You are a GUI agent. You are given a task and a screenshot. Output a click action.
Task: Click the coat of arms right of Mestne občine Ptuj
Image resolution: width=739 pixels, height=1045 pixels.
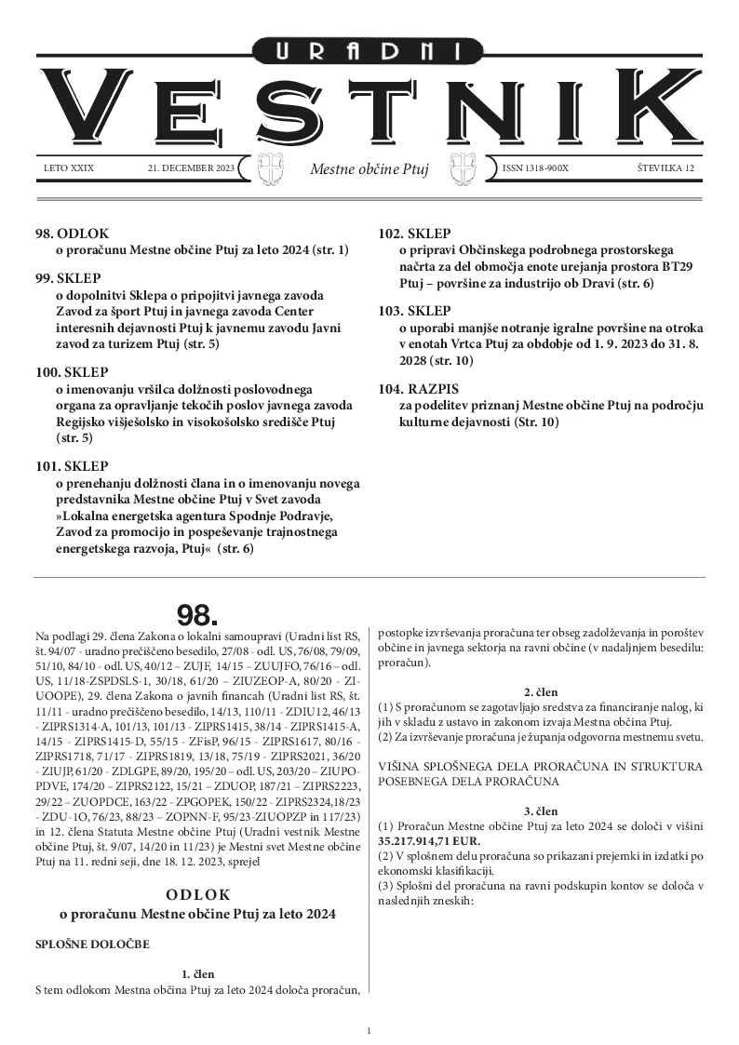point(463,168)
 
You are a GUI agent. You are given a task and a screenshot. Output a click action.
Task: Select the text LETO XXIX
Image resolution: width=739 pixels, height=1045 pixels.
point(69,168)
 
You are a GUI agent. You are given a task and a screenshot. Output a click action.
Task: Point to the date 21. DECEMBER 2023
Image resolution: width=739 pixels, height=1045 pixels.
point(191,168)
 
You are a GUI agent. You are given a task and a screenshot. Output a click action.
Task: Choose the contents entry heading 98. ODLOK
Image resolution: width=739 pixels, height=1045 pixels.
point(72,234)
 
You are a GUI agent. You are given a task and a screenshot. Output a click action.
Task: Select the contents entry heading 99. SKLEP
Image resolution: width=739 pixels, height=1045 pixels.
point(69,278)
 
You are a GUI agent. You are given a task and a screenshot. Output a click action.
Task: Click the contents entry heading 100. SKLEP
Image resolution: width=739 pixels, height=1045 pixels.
point(72,372)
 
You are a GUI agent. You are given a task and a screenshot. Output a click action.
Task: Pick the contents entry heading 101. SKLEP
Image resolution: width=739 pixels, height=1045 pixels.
point(72,466)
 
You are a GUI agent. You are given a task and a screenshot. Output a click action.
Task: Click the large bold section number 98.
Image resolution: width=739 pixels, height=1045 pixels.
point(197,615)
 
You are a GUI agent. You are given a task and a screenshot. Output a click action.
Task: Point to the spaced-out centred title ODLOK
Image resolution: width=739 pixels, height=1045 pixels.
point(197,895)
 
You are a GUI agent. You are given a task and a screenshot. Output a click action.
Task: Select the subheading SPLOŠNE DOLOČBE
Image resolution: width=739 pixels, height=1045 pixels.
point(91,945)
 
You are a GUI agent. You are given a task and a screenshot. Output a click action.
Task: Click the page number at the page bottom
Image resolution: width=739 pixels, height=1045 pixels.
point(369,1030)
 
